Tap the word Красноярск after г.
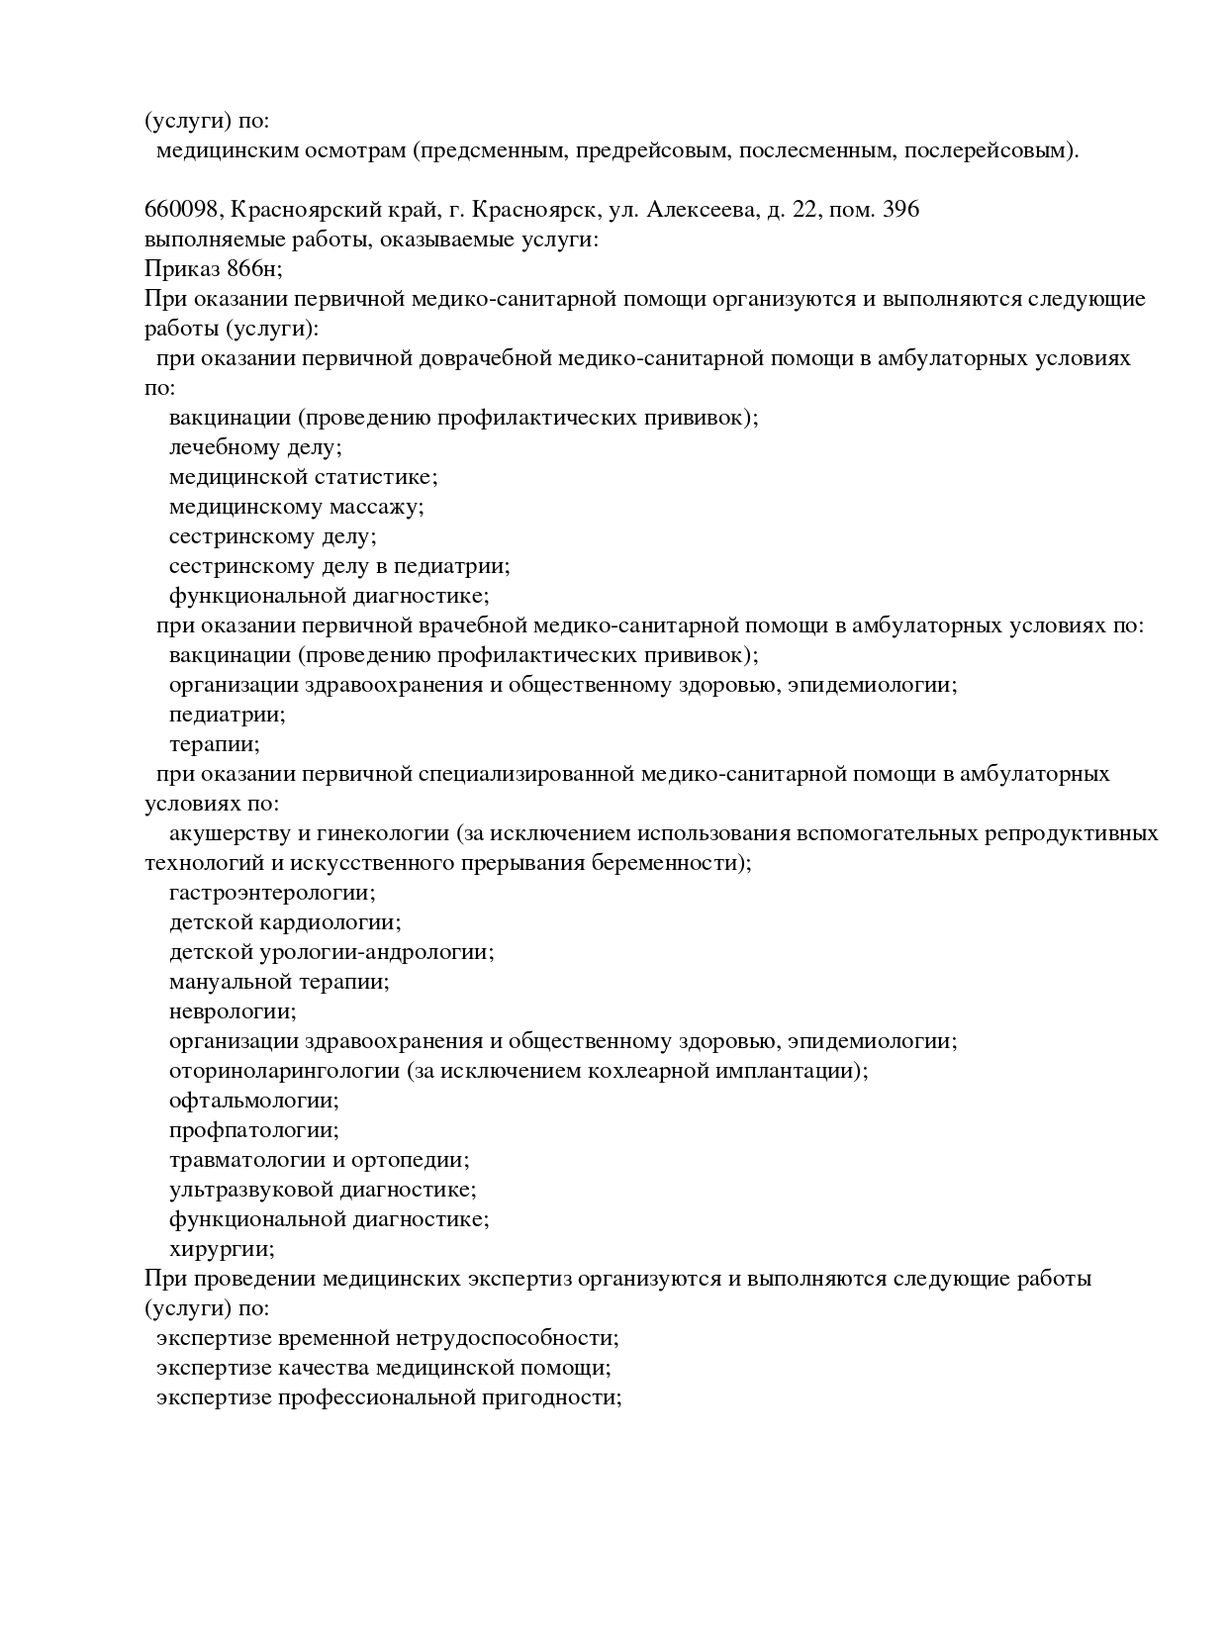(535, 210)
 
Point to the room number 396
(897, 210)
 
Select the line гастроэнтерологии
(272, 893)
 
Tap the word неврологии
(233, 1011)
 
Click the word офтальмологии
(254, 1101)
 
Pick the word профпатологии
(254, 1130)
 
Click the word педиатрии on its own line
(227, 715)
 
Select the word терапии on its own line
(214, 744)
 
